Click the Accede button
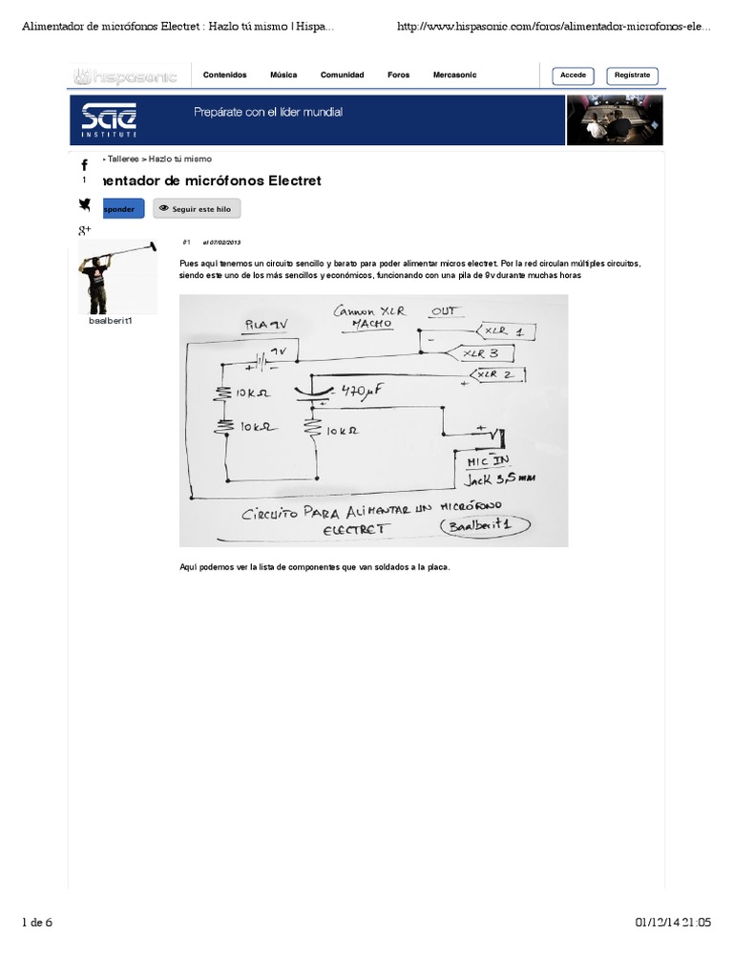[573, 75]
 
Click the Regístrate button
[632, 75]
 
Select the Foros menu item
[398, 75]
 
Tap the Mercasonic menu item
[454, 75]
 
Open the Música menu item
[283, 75]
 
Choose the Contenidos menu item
[224, 75]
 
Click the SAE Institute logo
[108, 118]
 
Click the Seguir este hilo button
[197, 208]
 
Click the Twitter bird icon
[84, 203]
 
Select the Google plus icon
[84, 230]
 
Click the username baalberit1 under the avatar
[110, 320]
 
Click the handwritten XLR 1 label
[504, 331]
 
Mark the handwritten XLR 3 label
[481, 352]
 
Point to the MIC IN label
[488, 461]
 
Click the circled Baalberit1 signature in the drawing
[487, 526]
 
